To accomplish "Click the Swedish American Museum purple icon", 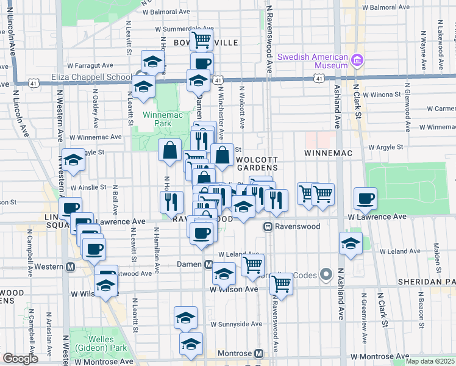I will tap(357, 60).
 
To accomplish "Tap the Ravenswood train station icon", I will tap(267, 226).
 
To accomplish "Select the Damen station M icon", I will tap(208, 264).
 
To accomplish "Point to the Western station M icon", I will tap(71, 267).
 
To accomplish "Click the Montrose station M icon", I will tap(258, 354).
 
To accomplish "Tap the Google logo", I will tap(20, 359).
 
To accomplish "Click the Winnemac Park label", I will tap(157, 118).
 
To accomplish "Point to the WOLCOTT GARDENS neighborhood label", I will tap(257, 163).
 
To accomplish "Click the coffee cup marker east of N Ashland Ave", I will tap(365, 198).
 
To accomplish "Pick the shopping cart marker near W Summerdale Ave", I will tap(201, 41).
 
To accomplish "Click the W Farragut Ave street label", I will tap(90, 65).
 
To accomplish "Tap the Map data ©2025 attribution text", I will tap(430, 361).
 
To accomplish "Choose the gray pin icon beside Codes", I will tap(325, 275).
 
